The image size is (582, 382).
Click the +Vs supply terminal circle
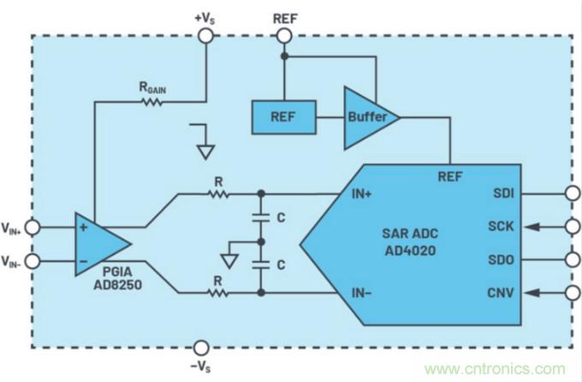pyautogui.click(x=205, y=35)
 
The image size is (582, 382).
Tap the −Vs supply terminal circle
pyautogui.click(x=200, y=348)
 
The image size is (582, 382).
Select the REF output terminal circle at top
pyautogui.click(x=283, y=35)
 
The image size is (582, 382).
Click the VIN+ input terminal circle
pyautogui.click(x=33, y=228)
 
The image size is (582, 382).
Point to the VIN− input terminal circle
pyautogui.click(x=33, y=259)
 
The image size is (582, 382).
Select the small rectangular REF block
pyautogui.click(x=282, y=115)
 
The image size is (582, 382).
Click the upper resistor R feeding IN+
pyautogui.click(x=219, y=194)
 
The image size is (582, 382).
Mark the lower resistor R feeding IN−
pyautogui.click(x=219, y=292)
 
